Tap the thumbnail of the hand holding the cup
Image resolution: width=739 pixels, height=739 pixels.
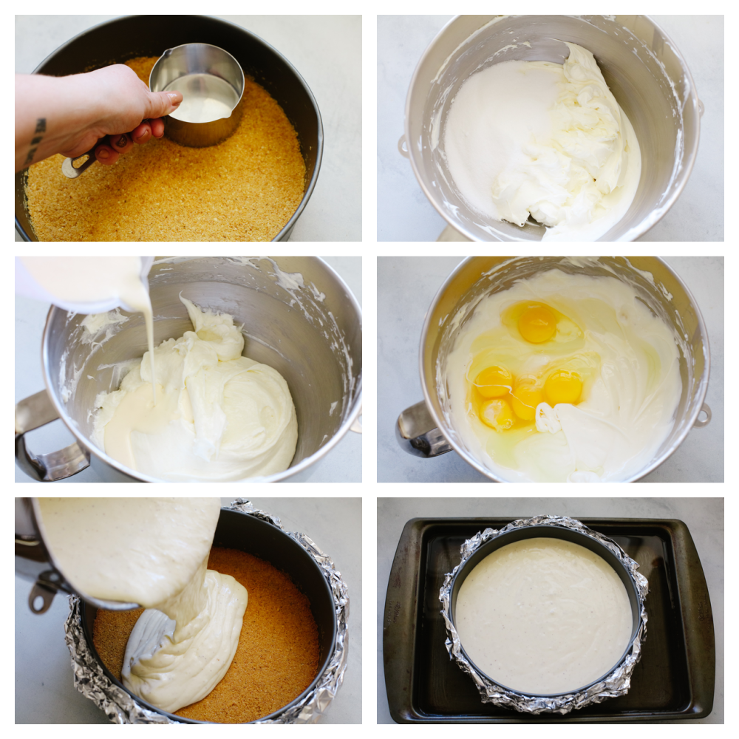pos(170,103)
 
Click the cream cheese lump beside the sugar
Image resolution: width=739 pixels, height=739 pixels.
pos(569,148)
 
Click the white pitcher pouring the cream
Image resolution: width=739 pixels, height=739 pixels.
pos(81,281)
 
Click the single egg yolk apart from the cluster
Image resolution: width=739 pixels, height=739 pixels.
pos(537,323)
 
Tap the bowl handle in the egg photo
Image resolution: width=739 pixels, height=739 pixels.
pos(421,432)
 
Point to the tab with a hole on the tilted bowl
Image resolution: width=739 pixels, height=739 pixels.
pos(41,595)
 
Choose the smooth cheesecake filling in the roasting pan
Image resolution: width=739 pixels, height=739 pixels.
pos(543,613)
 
